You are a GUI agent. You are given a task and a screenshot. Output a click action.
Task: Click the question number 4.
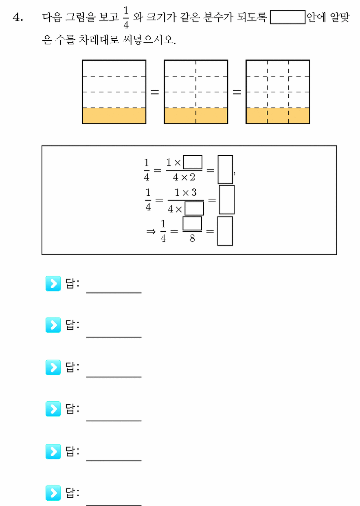tap(18, 17)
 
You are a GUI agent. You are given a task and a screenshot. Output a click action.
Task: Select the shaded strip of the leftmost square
tap(114, 116)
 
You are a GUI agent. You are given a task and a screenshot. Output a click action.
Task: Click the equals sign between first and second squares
tap(155, 92)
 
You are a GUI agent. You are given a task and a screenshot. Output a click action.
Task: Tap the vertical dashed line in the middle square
tap(196, 92)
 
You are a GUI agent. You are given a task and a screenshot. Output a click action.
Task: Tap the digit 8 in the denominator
tap(192, 238)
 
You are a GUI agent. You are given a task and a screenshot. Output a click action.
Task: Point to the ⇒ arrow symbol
tap(151, 232)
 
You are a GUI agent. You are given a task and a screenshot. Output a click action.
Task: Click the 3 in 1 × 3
tap(194, 192)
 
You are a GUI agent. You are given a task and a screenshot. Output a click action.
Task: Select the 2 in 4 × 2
tap(192, 177)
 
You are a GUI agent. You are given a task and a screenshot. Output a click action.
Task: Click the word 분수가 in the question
tap(218, 17)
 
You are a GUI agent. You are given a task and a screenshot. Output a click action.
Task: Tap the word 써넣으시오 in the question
tap(149, 40)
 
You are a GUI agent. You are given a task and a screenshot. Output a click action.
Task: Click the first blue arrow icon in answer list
tap(53, 283)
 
